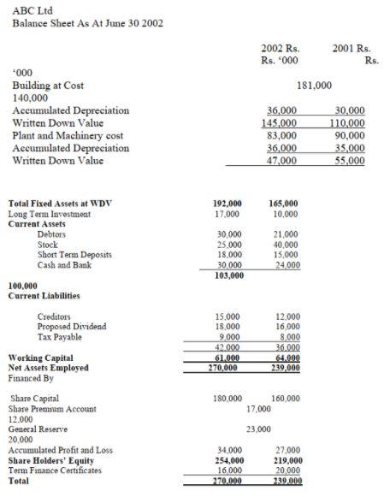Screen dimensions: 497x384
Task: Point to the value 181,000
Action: [x=315, y=86]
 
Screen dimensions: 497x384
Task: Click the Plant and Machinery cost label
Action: [x=68, y=135]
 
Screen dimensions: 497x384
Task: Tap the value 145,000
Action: [x=281, y=123]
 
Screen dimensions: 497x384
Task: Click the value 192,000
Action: [x=227, y=204]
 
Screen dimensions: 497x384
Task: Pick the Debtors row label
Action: [x=51, y=234]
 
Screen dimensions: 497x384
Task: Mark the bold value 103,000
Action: [x=227, y=275]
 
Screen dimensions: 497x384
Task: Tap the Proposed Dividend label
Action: [x=72, y=327]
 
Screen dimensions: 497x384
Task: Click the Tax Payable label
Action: [x=60, y=337]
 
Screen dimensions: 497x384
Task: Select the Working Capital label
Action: [x=40, y=358]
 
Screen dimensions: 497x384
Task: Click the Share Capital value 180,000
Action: [x=227, y=399]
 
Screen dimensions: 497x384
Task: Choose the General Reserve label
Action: [x=38, y=429]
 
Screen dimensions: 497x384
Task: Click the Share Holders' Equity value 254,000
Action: [x=227, y=460]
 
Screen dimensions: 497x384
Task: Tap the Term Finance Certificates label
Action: [x=55, y=470]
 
